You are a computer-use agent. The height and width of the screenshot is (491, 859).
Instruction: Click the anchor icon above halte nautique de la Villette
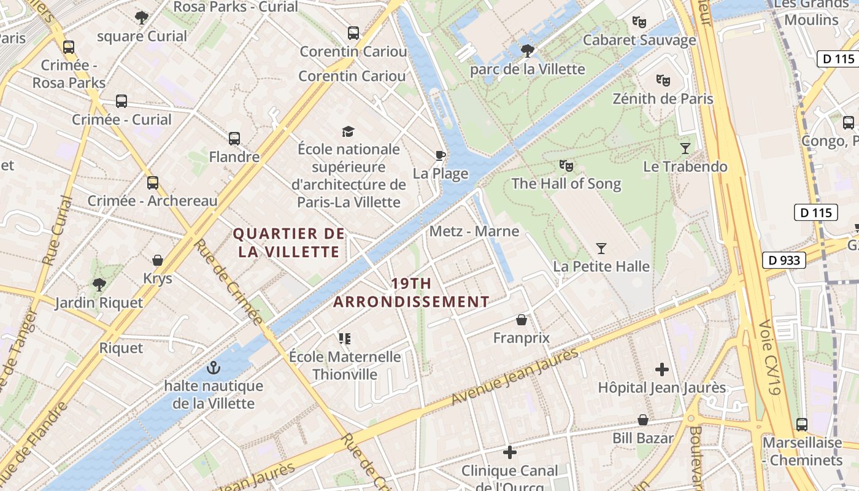coord(214,368)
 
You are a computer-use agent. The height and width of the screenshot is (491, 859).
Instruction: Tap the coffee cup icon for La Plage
coord(440,155)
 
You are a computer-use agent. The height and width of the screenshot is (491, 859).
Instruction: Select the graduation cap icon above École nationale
coord(348,131)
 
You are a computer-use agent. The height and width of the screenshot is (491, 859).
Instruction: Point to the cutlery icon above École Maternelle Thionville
coord(344,338)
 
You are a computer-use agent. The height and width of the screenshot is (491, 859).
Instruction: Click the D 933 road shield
coord(784,260)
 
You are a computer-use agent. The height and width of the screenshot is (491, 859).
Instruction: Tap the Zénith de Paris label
coord(663,99)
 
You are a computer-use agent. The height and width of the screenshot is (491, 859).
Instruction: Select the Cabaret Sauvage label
coord(639,41)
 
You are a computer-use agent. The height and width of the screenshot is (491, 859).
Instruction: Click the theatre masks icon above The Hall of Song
coord(566,165)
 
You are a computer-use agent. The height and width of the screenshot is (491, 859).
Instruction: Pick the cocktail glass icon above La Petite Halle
coord(601,249)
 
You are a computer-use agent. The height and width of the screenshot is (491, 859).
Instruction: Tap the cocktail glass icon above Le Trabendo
coord(685,149)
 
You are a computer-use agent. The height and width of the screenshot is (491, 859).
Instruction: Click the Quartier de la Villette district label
coord(289,242)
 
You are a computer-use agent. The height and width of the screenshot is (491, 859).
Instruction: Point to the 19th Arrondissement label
coord(411,293)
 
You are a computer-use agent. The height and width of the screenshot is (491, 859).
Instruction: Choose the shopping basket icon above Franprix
coord(522,320)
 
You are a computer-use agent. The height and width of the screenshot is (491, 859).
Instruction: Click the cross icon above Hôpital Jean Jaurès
coord(661,369)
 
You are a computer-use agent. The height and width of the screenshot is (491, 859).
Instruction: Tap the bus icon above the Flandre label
coord(234,139)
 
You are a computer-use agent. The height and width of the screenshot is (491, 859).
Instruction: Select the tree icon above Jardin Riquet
coord(99,284)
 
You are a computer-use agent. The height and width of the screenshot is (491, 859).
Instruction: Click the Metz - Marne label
coord(474,231)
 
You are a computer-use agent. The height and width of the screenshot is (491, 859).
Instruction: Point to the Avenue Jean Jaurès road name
coord(515,377)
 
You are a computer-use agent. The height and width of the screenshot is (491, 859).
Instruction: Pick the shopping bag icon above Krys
coord(158,260)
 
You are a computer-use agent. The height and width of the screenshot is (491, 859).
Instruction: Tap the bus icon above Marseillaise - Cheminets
coord(802,424)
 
